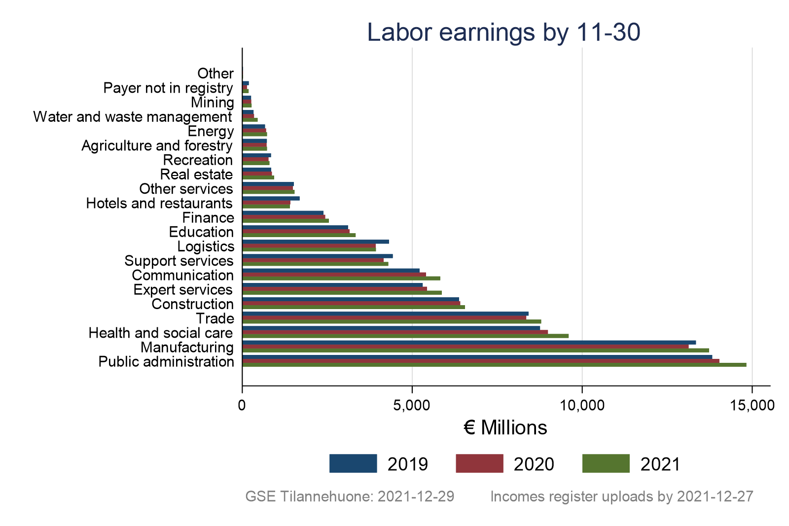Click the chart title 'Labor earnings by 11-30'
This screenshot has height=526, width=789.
point(503,33)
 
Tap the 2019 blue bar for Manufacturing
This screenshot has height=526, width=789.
point(469,342)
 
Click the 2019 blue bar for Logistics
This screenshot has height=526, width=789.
point(316,242)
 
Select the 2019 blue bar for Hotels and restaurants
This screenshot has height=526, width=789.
point(271,198)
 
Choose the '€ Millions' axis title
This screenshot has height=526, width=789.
point(505,428)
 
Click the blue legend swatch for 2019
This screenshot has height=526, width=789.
point(353,463)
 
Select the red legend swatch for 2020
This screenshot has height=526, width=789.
point(479,463)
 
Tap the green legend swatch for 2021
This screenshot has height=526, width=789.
point(606,463)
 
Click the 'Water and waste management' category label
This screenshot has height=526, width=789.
point(132,117)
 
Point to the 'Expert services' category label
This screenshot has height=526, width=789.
point(183,289)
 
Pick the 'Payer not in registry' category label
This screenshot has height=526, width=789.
point(168,88)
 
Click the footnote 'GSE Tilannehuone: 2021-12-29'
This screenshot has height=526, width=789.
point(350,496)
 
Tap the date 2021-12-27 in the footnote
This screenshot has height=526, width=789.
point(715,496)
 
